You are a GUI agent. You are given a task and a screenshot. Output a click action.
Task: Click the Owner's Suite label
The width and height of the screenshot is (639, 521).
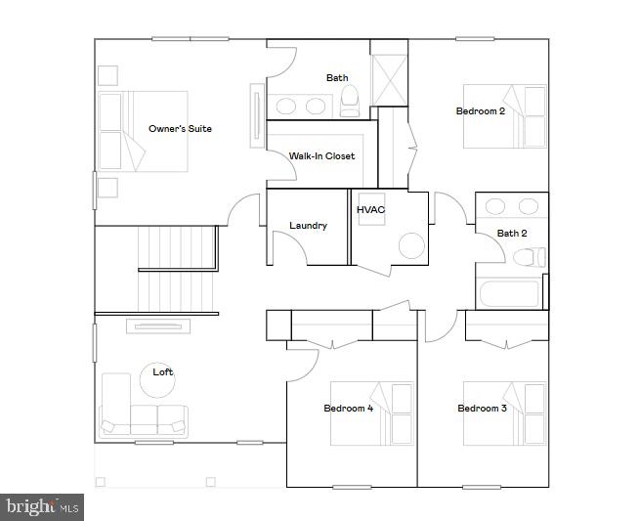coord(180,129)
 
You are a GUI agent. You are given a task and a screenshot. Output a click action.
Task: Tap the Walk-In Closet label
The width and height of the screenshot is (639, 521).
coord(321,155)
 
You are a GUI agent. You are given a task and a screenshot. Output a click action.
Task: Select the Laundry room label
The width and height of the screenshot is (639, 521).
coord(308,226)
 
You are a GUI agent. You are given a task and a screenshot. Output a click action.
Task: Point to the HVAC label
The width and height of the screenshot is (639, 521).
coord(370,209)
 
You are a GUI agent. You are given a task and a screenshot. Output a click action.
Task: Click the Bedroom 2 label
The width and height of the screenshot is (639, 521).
coord(481,111)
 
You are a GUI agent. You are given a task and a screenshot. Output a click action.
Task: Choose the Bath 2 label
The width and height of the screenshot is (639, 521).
coord(512,234)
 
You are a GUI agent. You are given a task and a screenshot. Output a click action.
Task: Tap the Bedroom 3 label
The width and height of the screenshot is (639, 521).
coord(482,409)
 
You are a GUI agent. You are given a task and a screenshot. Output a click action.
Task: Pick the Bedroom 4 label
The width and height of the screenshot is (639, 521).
coord(349,409)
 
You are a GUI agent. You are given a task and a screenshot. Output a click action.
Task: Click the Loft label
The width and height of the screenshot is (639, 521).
coord(163,371)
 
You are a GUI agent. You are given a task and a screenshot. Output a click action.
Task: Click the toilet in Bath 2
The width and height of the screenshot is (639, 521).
coord(529,258)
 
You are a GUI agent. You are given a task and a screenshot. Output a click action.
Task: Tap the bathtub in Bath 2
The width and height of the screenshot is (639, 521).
coord(509,294)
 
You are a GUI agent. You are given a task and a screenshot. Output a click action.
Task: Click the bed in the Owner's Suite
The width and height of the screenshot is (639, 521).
coord(143,132)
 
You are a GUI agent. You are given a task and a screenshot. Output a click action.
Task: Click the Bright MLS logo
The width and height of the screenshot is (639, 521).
coord(42,506)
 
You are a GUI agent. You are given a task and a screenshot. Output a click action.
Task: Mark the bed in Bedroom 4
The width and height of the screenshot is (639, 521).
coord(372,413)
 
